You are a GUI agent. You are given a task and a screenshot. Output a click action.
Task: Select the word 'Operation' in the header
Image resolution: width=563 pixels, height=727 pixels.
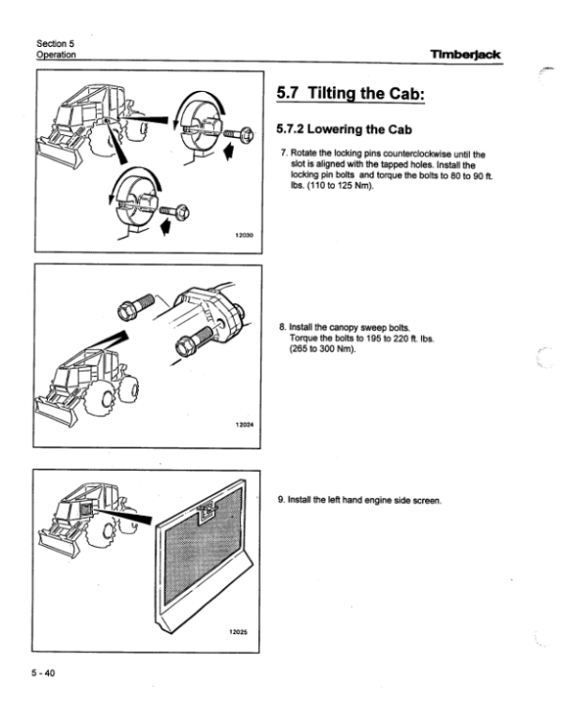tap(55, 54)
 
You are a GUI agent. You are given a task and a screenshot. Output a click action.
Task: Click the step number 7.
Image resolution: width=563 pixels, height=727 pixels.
tap(282, 154)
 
